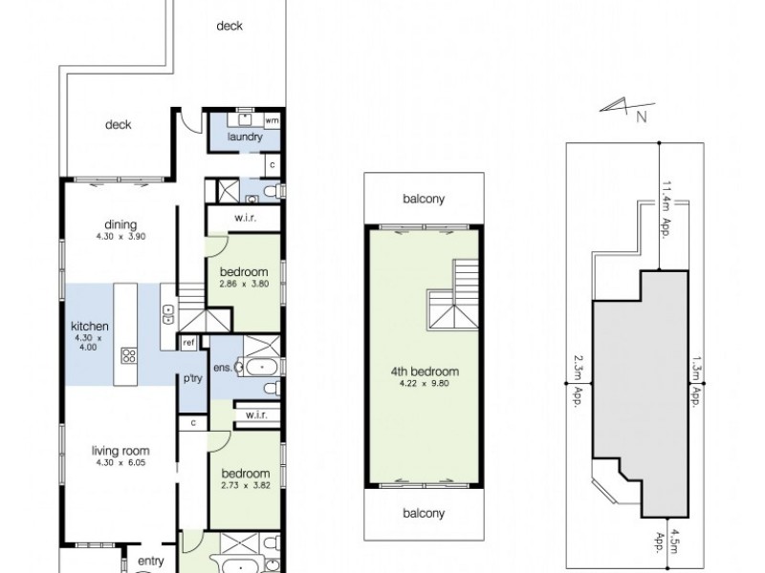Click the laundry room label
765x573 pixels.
point(245,138)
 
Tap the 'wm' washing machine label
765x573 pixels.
point(272,121)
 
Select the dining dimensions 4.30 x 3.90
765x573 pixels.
point(120,235)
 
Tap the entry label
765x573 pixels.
point(151,562)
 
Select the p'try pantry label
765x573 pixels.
point(191,379)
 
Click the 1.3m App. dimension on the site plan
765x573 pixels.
point(696,380)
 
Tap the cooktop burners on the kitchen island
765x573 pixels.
point(128,356)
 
